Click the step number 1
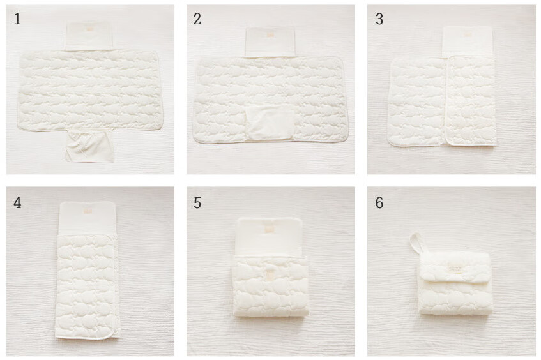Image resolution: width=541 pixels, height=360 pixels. click(17, 19)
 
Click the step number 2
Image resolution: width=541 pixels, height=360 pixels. click(197, 19)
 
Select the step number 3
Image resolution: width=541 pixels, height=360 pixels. click(379, 19)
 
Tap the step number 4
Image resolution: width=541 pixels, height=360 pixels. click(17, 203)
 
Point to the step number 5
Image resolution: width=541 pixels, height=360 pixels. click(197, 203)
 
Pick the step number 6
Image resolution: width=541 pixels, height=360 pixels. click(379, 203)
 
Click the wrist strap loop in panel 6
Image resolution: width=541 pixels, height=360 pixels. click(416, 244)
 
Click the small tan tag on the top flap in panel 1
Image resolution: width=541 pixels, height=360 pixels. click(89, 29)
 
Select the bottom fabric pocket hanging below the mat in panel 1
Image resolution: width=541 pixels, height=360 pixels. click(89, 146)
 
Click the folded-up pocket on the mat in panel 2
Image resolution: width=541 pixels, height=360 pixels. click(271, 123)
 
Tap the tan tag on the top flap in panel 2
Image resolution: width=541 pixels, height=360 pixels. click(271, 35)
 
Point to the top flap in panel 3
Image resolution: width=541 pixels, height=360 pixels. click(468, 41)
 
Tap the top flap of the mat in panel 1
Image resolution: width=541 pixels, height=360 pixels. click(89, 36)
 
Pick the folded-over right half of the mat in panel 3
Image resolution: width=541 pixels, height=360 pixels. click(470, 100)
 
